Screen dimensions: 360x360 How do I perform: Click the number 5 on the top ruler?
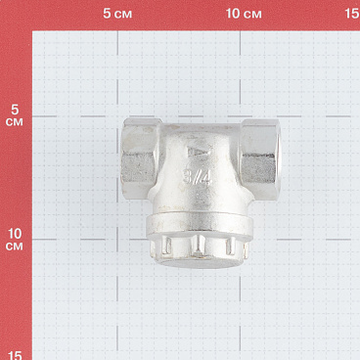107,15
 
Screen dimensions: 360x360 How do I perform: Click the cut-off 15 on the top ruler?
352,15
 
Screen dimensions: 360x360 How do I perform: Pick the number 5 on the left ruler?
15,110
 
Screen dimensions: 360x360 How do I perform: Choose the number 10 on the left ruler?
15,234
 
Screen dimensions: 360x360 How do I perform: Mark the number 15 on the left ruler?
15,353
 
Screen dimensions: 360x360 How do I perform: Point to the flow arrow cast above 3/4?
197,155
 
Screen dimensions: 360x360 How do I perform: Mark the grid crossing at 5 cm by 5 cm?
119,117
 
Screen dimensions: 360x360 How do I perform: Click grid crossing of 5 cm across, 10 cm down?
119,237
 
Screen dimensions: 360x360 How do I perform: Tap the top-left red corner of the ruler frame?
15,15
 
